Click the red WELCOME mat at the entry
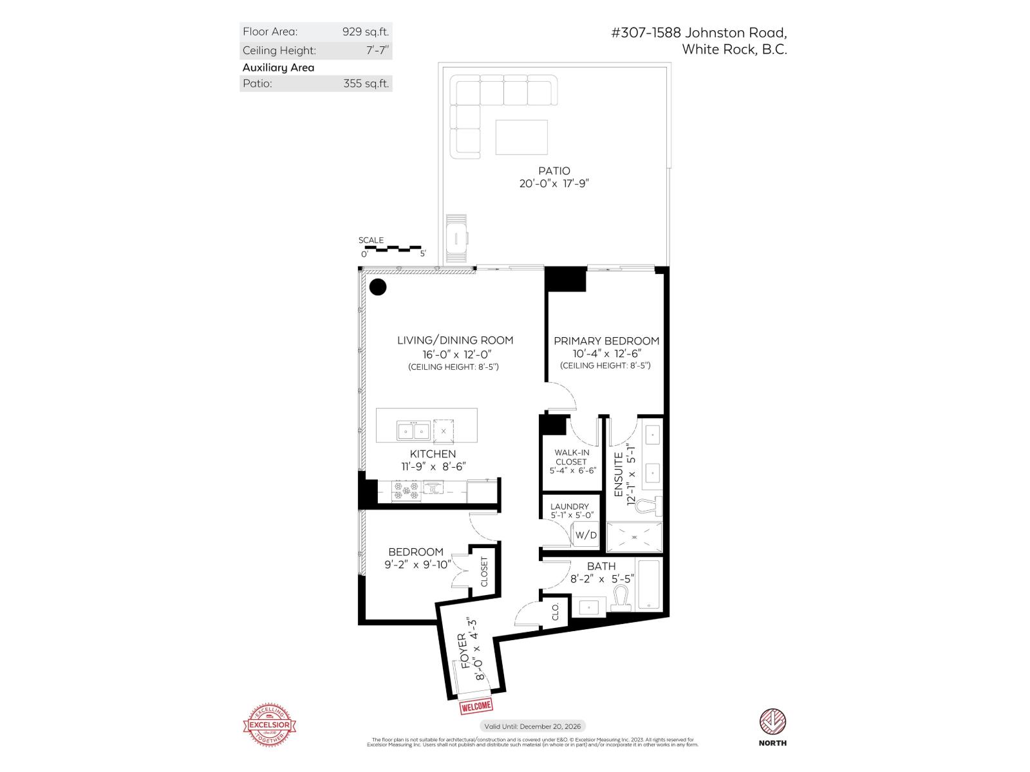coord(476,706)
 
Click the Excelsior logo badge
coord(269,726)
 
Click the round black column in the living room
coord(378,287)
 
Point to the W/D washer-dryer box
coord(586,535)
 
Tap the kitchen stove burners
coord(406,491)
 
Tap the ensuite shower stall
coord(634,537)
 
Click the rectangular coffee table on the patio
coord(521,137)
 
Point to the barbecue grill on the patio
coord(457,239)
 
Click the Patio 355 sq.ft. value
coord(366,83)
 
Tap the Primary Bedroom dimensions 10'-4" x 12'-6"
coord(606,353)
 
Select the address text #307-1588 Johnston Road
coord(698,33)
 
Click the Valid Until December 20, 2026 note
coord(532,726)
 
